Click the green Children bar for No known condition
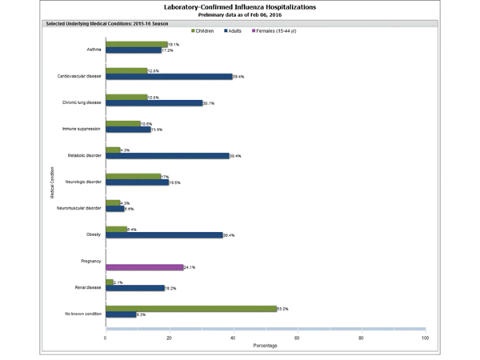[x=190, y=308]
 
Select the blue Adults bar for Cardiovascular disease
[x=169, y=77]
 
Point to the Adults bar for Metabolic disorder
[x=167, y=156]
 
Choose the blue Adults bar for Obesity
[x=164, y=235]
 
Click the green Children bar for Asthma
[x=136, y=45]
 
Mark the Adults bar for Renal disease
[x=134, y=287]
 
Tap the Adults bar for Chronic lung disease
[x=154, y=103]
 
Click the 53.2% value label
[x=283, y=308]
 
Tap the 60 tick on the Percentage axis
[x=297, y=338]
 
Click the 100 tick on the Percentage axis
[x=424, y=338]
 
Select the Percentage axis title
[x=265, y=346]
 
